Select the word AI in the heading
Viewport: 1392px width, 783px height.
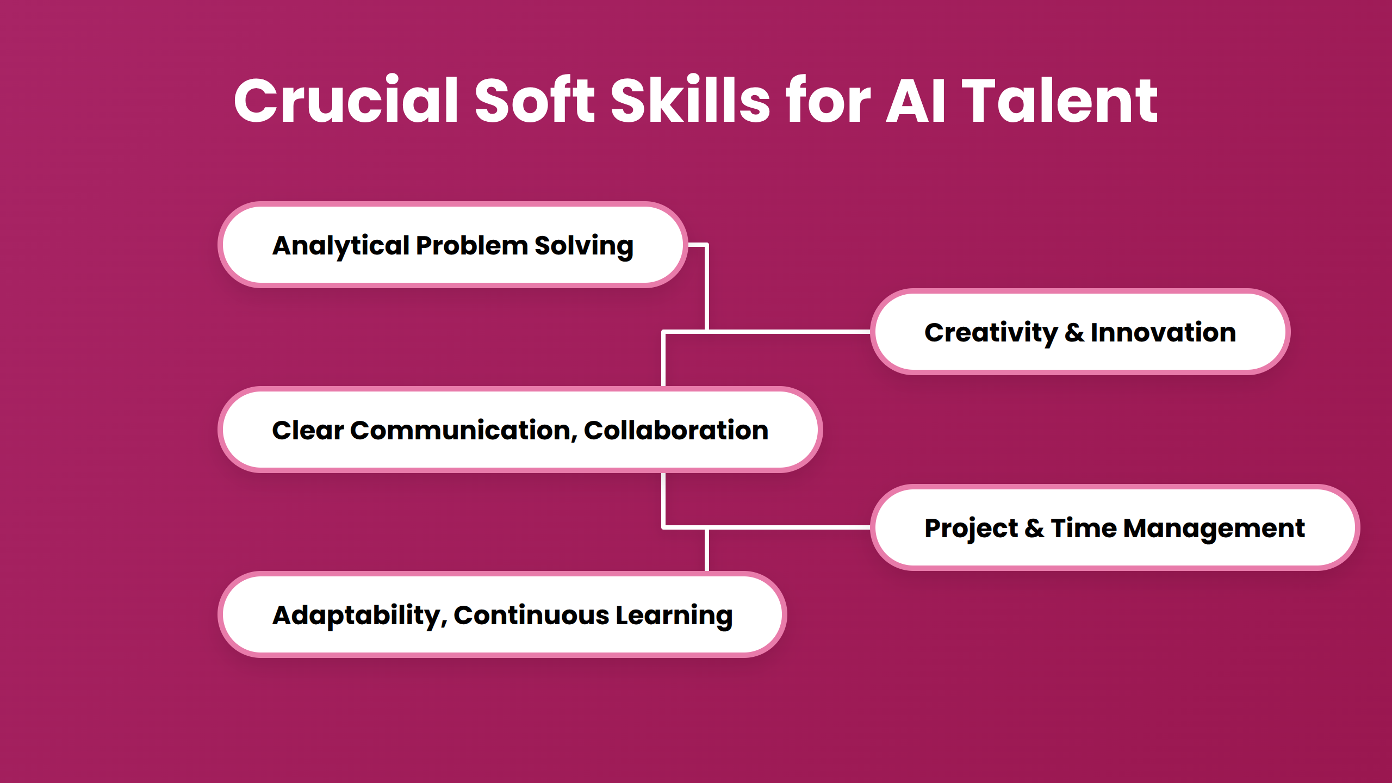(916, 101)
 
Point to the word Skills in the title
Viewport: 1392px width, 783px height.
(689, 101)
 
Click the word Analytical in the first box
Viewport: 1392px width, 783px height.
(341, 245)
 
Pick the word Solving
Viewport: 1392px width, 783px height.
(584, 245)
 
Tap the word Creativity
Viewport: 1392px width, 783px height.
(991, 332)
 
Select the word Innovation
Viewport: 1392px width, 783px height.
(1163, 332)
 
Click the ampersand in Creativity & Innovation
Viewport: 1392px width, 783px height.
(1074, 332)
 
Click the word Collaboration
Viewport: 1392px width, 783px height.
(676, 430)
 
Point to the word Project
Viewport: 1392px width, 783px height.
(971, 528)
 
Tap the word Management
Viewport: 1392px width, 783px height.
(1214, 528)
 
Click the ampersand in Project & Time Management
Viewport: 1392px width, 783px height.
(1034, 528)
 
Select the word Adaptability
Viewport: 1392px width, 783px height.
(359, 615)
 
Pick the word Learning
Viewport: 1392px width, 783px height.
(674, 615)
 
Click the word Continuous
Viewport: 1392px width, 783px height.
(531, 615)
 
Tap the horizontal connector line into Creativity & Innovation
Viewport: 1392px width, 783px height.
(788, 331)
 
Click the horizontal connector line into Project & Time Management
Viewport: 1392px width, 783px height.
(788, 527)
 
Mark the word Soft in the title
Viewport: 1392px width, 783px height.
(535, 101)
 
